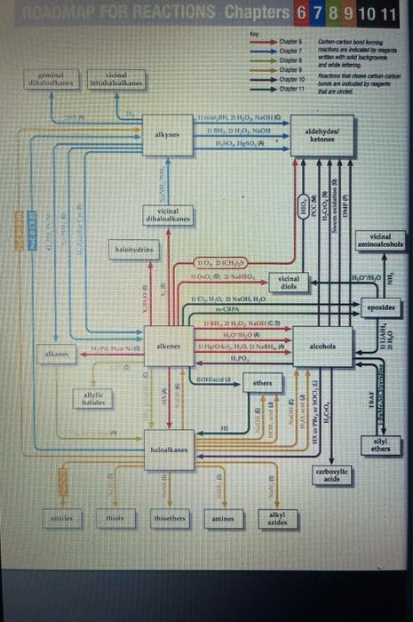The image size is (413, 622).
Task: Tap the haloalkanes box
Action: tap(169, 451)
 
